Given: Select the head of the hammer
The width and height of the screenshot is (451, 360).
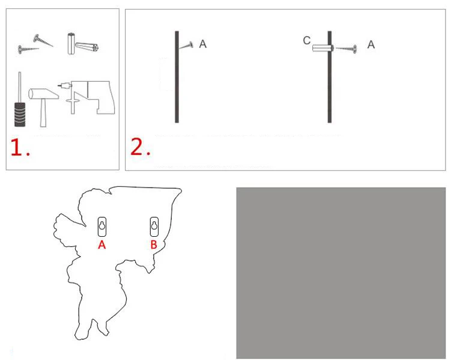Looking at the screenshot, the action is click(x=43, y=94).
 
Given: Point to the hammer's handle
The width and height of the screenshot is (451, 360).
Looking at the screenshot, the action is click(x=43, y=112).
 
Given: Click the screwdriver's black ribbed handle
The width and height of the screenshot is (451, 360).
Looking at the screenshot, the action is click(x=20, y=114).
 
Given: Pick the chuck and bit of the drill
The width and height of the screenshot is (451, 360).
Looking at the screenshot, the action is click(x=64, y=85).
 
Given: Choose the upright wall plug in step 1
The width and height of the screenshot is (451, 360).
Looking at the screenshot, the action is click(x=71, y=43).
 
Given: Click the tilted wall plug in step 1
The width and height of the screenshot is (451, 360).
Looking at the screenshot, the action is click(x=87, y=47).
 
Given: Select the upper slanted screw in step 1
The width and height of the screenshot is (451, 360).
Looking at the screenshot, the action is click(x=43, y=41).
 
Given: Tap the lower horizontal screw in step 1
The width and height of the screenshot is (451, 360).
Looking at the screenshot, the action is click(x=28, y=49).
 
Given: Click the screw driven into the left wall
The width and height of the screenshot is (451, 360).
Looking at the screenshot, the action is click(x=186, y=46).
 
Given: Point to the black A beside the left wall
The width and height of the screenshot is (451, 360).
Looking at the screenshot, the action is click(x=203, y=44).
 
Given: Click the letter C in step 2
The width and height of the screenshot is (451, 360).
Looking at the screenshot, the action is click(x=307, y=41).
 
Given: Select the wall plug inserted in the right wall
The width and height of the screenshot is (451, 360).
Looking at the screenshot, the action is click(x=322, y=48).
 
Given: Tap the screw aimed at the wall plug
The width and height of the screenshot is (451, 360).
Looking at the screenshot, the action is click(x=347, y=49).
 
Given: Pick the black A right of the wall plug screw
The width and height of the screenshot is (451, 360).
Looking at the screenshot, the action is click(x=371, y=44).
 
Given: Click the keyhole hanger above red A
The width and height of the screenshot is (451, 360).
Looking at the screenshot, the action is click(x=102, y=227).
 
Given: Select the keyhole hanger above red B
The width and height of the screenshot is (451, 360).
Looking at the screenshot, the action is click(x=154, y=227).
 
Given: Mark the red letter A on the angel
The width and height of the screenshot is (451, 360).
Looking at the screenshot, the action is click(x=102, y=245).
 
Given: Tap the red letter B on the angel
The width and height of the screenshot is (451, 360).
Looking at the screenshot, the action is click(x=154, y=245).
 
